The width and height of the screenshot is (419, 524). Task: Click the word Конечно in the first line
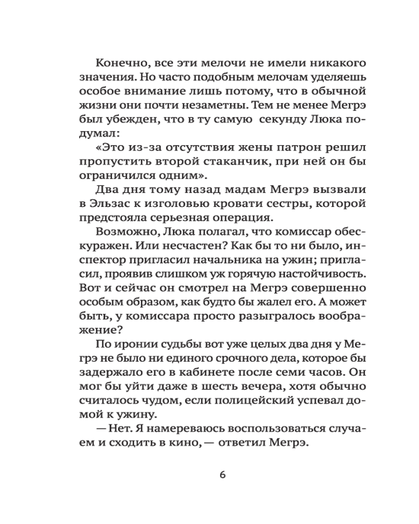122,63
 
